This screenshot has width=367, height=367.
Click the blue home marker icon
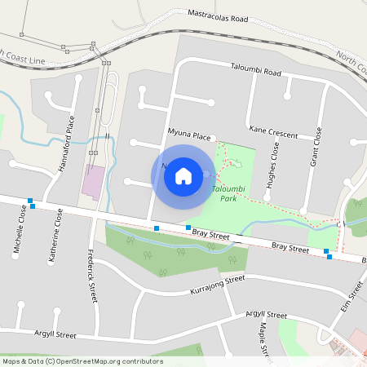click(x=183, y=175)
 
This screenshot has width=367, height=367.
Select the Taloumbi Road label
click(x=256, y=72)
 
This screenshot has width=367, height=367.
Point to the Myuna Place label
click(x=190, y=133)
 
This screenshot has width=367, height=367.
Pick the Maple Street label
click(x=264, y=338)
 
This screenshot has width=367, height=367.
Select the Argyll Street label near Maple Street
click(x=265, y=315)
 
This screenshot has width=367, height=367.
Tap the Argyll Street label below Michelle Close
click(x=55, y=334)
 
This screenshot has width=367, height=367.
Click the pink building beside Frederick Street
click(x=93, y=181)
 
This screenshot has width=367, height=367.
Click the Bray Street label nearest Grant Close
click(x=290, y=245)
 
